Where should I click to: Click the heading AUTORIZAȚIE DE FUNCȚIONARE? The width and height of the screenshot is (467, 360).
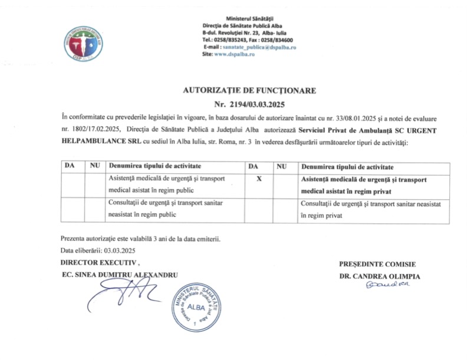click(250, 91)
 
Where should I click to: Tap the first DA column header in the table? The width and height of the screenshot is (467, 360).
click(70, 167)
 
